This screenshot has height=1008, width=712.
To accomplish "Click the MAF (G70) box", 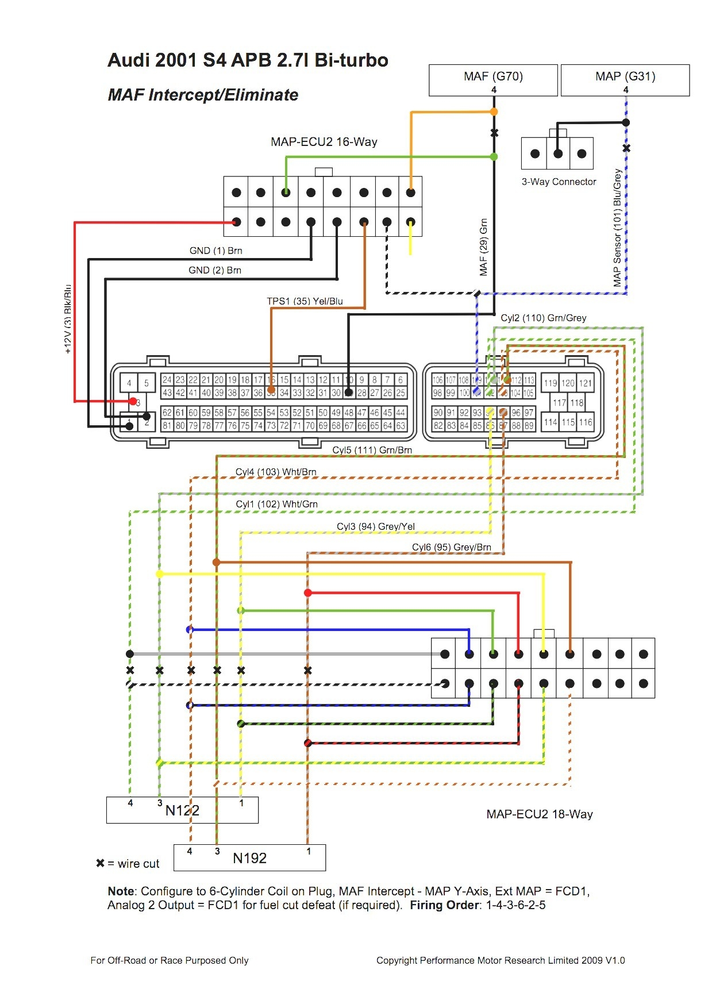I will click(493, 79).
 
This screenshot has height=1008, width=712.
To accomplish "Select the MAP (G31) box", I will click(625, 79).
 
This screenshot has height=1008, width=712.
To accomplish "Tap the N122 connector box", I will click(182, 810).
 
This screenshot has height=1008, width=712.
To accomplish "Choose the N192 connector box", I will click(249, 857).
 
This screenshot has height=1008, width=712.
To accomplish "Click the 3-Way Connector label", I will click(559, 182).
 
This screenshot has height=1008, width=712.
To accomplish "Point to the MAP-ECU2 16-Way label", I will click(324, 142).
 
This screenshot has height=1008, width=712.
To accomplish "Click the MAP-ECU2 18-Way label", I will click(539, 814).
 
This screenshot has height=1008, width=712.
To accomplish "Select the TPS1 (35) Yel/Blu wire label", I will click(305, 301).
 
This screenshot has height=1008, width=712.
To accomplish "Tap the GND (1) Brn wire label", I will click(215, 251).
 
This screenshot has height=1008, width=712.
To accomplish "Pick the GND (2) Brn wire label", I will click(214, 270).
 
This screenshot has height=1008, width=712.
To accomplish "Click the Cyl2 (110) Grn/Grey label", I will click(543, 318).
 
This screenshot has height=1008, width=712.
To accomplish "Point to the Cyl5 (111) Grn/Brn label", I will click(372, 450).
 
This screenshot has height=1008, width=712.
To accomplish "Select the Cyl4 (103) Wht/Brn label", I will click(276, 472).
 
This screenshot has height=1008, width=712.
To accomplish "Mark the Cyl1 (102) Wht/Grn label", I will click(276, 504).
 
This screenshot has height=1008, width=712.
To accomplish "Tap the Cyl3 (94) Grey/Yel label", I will click(375, 526).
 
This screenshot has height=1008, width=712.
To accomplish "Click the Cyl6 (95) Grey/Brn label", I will click(451, 547).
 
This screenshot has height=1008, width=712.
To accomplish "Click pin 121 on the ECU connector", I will click(585, 383).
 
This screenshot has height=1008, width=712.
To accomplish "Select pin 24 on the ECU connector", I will click(167, 380).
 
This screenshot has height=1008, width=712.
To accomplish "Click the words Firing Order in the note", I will click(444, 905).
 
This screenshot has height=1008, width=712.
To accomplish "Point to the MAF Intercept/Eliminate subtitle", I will click(203, 95).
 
